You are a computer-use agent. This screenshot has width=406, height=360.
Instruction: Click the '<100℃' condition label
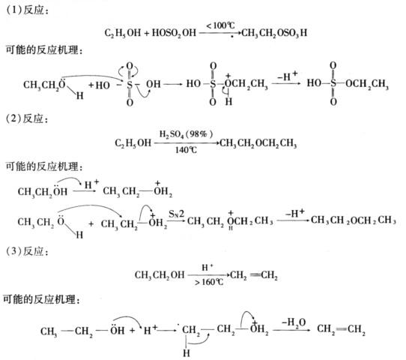click(x=220, y=25)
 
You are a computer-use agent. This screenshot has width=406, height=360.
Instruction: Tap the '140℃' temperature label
click(x=186, y=150)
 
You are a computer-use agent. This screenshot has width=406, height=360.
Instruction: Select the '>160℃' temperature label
click(x=209, y=281)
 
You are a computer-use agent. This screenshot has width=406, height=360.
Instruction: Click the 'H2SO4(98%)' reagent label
click(x=186, y=134)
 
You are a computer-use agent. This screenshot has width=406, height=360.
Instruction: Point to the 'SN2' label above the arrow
click(x=177, y=214)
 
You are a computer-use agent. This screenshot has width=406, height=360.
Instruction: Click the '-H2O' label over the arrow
click(x=294, y=322)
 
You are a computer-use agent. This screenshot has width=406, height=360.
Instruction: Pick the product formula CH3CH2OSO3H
click(x=274, y=33)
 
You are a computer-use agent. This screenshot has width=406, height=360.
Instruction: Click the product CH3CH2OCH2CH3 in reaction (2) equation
click(x=258, y=143)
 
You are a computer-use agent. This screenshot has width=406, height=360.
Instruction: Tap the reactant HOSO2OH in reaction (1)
click(x=174, y=33)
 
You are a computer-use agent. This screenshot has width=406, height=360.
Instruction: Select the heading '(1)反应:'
click(x=27, y=10)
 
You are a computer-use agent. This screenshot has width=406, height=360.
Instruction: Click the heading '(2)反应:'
click(x=27, y=119)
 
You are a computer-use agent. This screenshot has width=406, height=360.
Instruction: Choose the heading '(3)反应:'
click(x=27, y=251)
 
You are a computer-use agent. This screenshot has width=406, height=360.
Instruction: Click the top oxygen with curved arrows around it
click(x=130, y=66)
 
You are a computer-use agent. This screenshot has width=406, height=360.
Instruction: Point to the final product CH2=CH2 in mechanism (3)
click(x=341, y=330)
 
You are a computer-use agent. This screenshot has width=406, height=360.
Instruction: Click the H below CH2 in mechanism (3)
click(x=187, y=353)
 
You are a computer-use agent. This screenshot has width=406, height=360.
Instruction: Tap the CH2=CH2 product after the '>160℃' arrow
click(x=254, y=275)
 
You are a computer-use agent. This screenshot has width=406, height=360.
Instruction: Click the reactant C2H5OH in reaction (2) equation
click(x=133, y=143)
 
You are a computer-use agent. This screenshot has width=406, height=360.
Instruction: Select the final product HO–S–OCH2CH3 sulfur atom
click(x=333, y=83)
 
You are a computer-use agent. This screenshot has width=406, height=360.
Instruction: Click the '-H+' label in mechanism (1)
click(x=287, y=76)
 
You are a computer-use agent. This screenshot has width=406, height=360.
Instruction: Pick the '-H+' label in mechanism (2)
click(x=294, y=214)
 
